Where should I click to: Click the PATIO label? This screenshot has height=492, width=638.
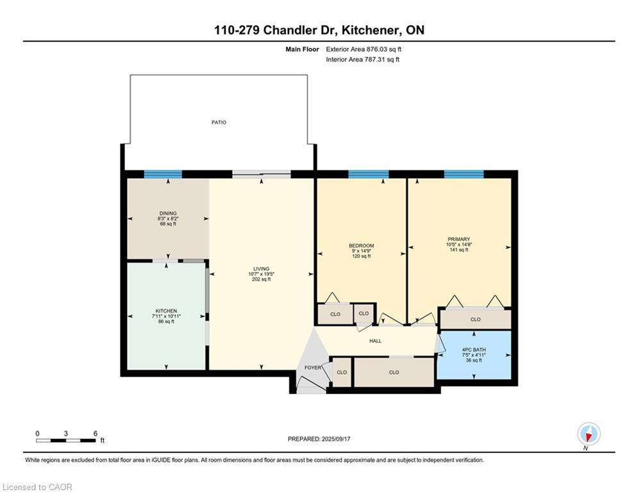219,122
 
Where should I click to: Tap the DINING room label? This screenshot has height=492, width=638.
167,213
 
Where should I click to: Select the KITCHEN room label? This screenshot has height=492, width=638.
166,311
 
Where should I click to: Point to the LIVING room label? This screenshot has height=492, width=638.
261,269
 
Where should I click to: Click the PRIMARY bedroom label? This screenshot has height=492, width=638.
459,240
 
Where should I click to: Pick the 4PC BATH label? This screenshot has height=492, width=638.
474,350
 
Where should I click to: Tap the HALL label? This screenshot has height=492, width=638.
375,341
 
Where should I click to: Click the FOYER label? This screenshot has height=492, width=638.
313,368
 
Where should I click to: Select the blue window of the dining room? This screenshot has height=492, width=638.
163,174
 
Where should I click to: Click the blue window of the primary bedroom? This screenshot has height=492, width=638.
464,174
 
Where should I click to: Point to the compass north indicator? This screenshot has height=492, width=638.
589,434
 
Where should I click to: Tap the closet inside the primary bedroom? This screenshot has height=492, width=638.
475,319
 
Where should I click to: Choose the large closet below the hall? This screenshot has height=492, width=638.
394,372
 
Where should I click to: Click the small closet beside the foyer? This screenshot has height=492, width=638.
342,372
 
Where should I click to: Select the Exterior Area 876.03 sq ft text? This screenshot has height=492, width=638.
364,49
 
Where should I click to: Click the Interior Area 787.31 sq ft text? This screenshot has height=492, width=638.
362,60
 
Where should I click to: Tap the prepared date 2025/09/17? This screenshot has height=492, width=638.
336,439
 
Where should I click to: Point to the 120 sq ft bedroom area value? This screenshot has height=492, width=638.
361,256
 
